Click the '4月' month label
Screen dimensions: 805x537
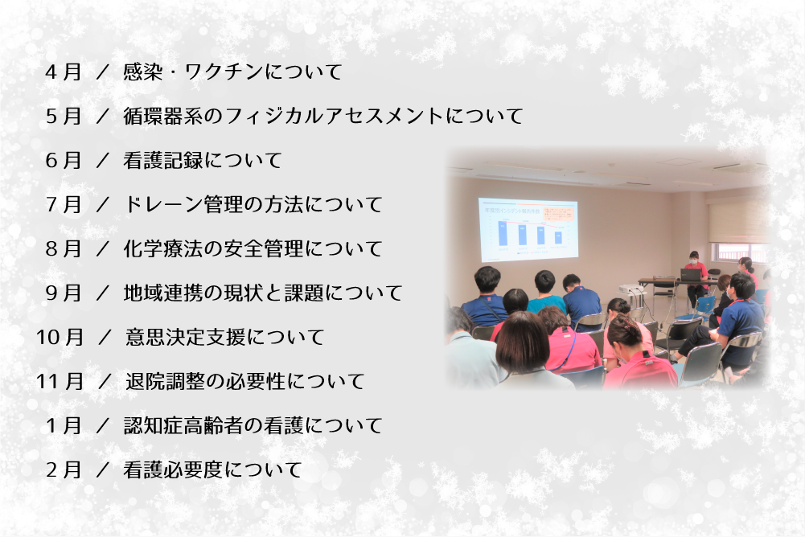(64, 72)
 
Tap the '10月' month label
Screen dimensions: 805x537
(60, 338)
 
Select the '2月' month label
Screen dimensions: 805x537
(64, 469)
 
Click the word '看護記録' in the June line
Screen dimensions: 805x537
(163, 160)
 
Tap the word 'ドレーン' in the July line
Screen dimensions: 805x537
(163, 204)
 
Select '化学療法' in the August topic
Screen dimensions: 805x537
(163, 248)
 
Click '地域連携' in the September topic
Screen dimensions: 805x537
(163, 293)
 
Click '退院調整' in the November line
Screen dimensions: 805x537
(166, 381)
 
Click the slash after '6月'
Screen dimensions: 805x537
(103, 161)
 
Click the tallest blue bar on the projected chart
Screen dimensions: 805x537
(502, 232)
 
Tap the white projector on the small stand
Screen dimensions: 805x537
(631, 289)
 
